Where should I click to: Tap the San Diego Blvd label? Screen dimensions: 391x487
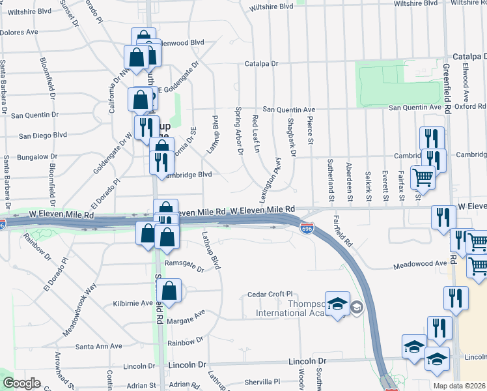43,136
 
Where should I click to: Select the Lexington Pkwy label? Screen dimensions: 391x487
272,175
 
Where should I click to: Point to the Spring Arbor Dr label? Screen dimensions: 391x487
238,131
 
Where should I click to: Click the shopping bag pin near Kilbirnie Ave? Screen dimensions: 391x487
169,293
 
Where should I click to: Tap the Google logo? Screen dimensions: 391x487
21,383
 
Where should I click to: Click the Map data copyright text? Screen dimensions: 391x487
460,386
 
